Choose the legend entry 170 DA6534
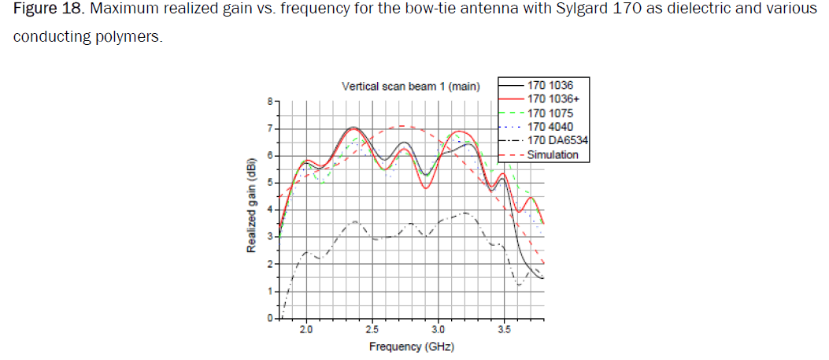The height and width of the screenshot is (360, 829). (557, 140)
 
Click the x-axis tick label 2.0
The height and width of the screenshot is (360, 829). (307, 331)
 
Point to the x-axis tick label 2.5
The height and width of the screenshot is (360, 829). (373, 331)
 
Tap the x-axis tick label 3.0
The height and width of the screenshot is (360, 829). (439, 331)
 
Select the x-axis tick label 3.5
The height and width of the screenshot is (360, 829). (505, 331)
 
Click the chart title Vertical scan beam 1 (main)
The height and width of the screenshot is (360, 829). (410, 86)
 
